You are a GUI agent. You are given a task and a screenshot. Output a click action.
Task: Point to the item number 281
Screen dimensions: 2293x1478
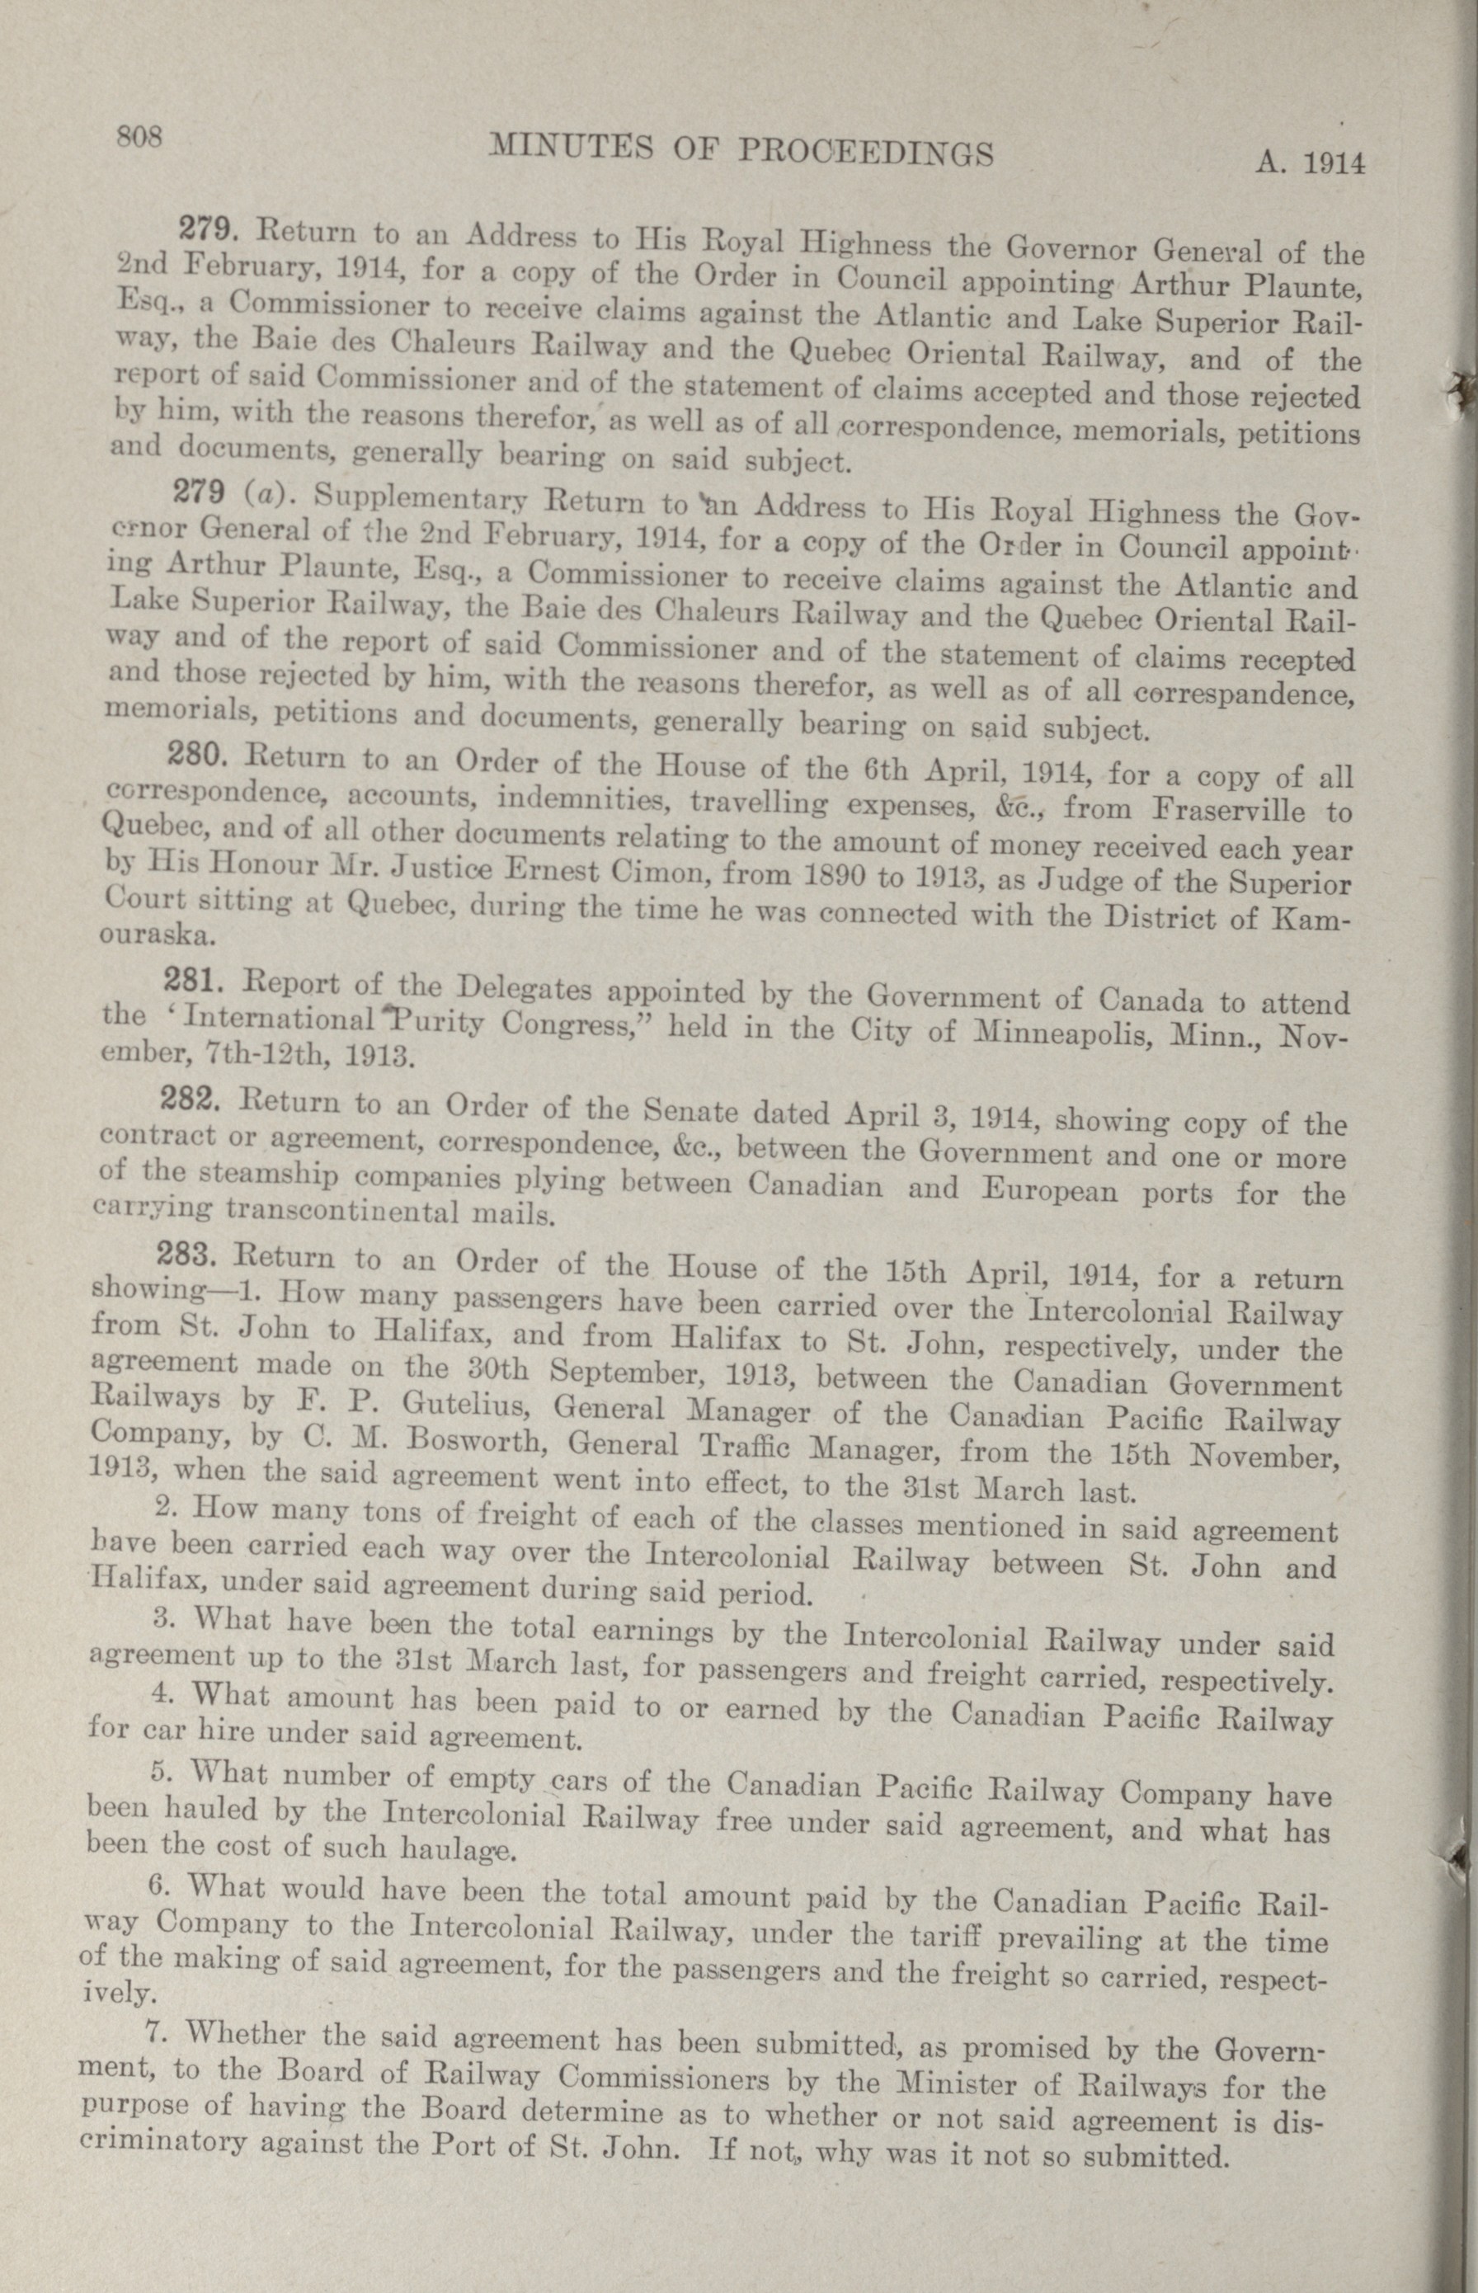pos(195,980)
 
